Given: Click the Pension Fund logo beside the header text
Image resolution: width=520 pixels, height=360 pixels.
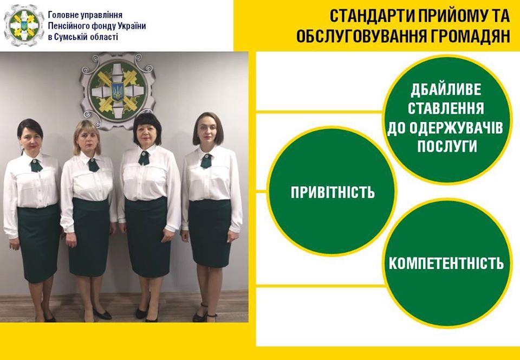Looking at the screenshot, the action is point(23,25).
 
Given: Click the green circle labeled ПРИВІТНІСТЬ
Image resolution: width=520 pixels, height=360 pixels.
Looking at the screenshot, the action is point(332,191).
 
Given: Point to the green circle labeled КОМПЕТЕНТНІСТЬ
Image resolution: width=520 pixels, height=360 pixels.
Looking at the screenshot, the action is point(447,263).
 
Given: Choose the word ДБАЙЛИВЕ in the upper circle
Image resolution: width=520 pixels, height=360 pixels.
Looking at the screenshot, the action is point(446,90).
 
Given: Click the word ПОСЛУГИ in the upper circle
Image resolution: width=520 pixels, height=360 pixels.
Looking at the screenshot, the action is point(447,146).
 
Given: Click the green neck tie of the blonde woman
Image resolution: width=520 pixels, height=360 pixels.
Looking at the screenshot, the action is point(93,165).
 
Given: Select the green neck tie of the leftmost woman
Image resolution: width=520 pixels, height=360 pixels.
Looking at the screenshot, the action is point(36,165).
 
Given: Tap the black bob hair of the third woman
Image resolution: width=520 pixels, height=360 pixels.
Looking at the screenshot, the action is point(147,128).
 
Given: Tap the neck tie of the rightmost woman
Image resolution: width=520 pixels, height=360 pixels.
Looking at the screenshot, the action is point(206,160).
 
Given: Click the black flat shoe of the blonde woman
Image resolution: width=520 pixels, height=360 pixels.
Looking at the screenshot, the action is point(102,314).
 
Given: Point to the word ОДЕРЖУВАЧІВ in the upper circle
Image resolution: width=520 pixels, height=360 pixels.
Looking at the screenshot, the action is point(445,128).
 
